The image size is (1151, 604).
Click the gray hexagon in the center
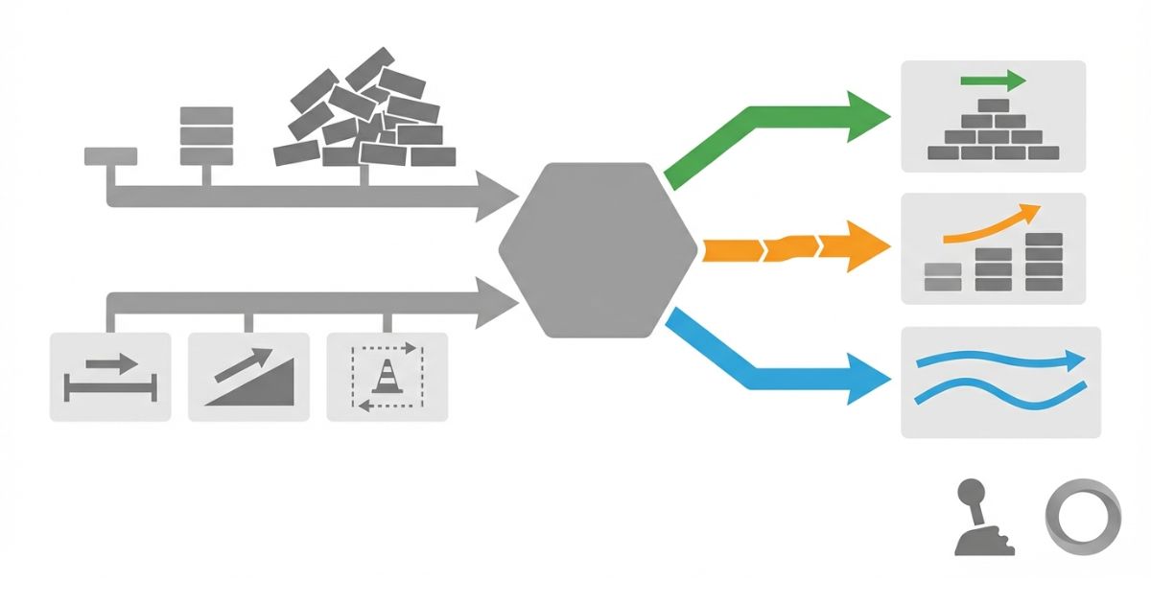(597, 250)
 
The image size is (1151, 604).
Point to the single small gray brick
(110, 155)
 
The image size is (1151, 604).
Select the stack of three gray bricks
(206, 135)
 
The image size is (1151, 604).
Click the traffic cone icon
(387, 376)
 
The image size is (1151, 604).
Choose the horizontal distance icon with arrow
(109, 378)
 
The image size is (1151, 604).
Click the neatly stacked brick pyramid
(993, 129)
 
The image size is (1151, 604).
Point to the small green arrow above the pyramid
(993, 80)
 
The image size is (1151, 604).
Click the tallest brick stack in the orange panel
(1044, 261)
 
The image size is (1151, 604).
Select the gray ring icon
(1081, 517)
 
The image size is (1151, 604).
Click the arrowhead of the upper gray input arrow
(497, 197)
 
